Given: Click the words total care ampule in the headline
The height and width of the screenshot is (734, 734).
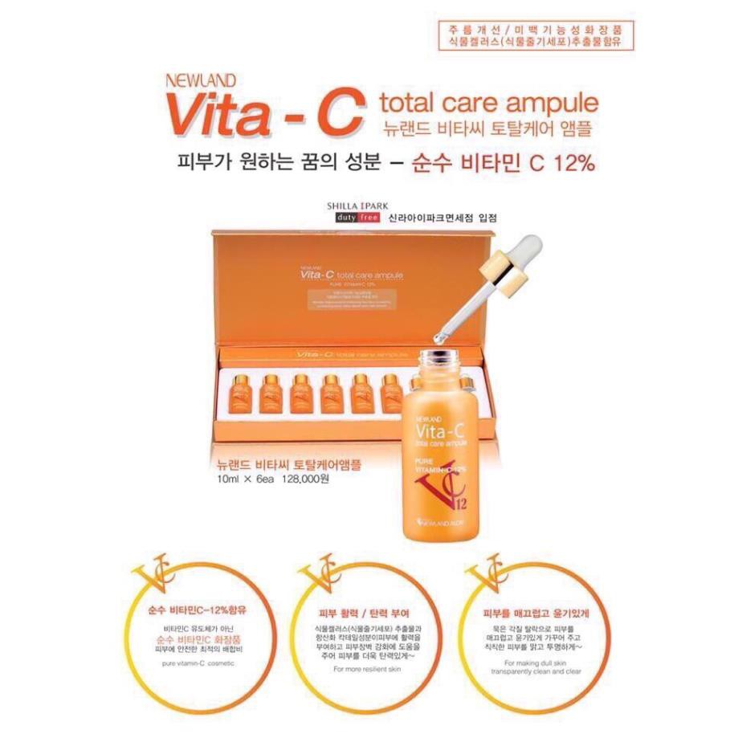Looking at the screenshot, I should pyautogui.click(x=488, y=103).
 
